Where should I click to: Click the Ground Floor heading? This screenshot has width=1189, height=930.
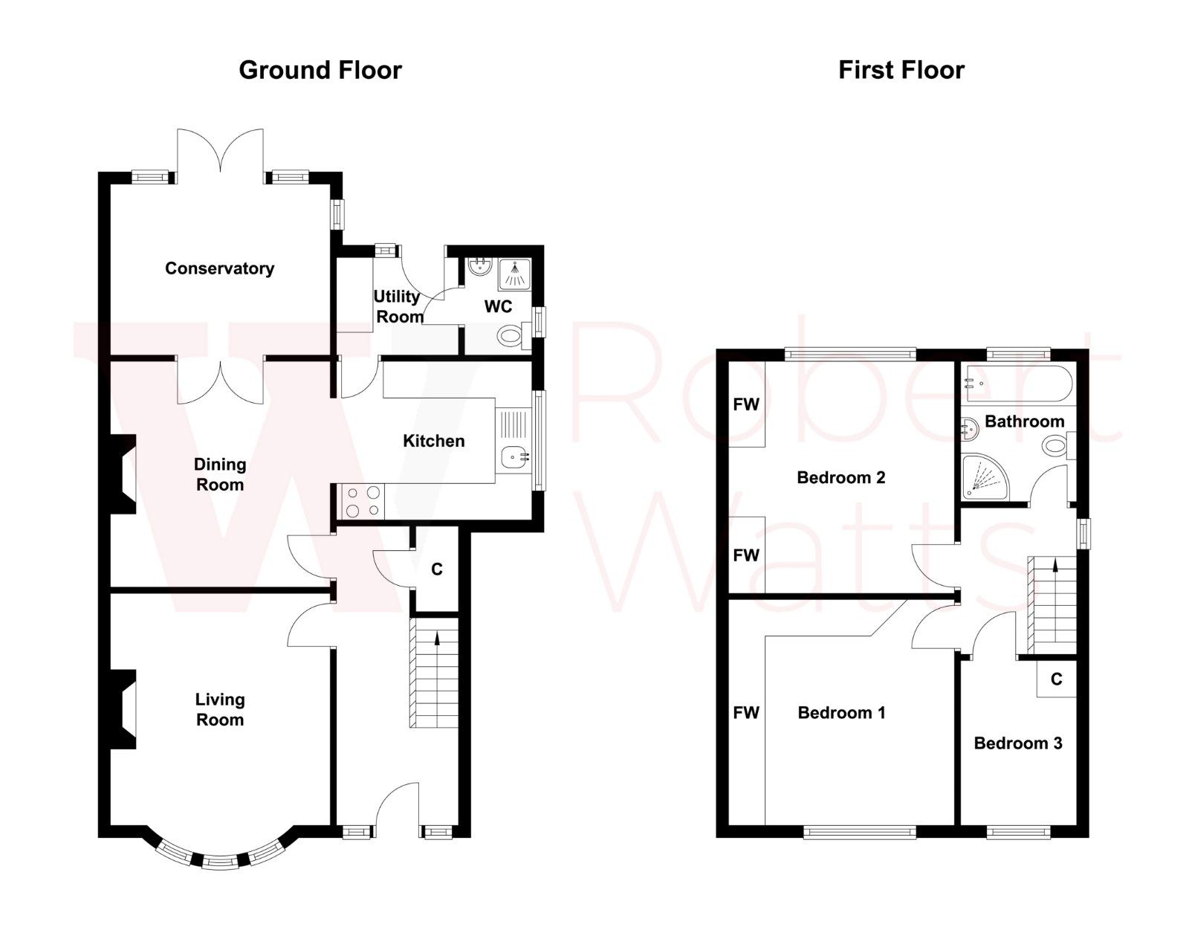pos(320,70)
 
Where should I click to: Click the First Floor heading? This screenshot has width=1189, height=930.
pos(901,70)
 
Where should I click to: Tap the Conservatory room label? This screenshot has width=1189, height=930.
pos(219,268)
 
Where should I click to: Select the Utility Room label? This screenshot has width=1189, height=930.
pos(398,306)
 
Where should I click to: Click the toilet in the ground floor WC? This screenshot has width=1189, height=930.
pos(511,336)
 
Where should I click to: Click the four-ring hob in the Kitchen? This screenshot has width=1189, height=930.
pos(362,500)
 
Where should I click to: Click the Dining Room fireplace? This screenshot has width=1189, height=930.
pos(123,474)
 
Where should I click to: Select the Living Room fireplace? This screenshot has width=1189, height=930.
pos(123,709)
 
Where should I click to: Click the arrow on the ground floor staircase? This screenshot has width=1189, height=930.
pos(436,638)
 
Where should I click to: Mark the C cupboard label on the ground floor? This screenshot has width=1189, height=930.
pos(437,569)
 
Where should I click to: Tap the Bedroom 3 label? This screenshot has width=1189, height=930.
pos(1017,743)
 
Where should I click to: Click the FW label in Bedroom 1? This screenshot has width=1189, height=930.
pos(746,713)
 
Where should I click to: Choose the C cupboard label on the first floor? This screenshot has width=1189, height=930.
pos(1056,679)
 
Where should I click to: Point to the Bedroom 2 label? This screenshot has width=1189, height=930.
pos(840,477)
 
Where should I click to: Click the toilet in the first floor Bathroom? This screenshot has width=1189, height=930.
pos(1054,447)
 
